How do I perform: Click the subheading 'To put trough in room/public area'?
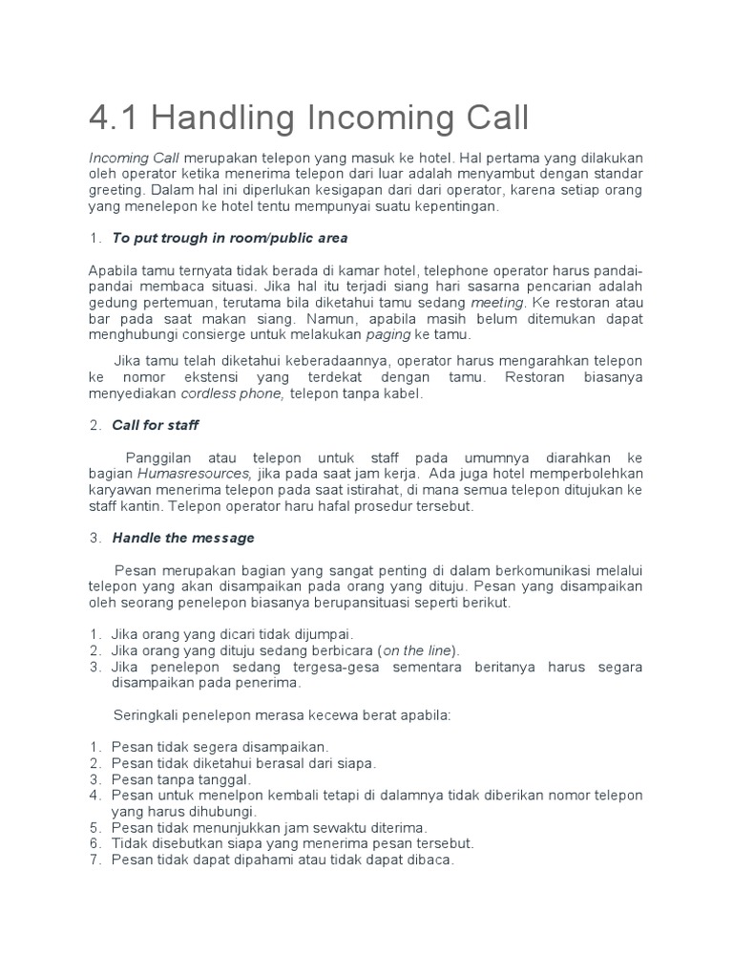pyautogui.click(x=229, y=238)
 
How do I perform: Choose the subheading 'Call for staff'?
pyautogui.click(x=155, y=425)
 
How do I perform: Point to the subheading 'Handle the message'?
pyautogui.click(x=182, y=538)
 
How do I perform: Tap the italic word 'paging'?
pyautogui.click(x=388, y=335)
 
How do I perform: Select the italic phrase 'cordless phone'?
pyautogui.click(x=233, y=393)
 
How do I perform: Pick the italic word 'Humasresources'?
pyautogui.click(x=195, y=473)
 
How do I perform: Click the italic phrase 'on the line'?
pyautogui.click(x=417, y=650)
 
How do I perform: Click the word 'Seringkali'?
pyautogui.click(x=148, y=714)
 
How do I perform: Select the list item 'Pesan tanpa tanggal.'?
pyautogui.click(x=179, y=779)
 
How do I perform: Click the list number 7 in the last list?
pyautogui.click(x=95, y=860)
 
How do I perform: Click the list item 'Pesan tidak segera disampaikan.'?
pyautogui.click(x=220, y=746)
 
